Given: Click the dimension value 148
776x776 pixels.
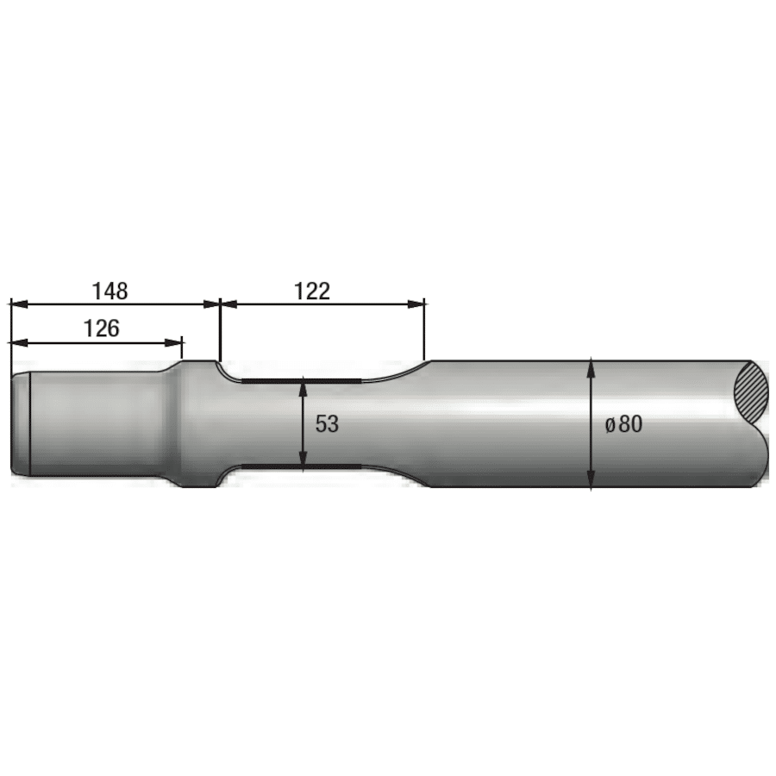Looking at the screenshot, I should click(x=110, y=291).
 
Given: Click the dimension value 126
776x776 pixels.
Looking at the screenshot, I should click(x=101, y=328).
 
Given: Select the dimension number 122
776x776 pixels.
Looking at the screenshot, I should click(x=312, y=291).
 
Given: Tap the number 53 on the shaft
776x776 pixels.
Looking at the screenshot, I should click(x=327, y=424).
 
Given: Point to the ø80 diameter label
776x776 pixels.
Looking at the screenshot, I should click(x=623, y=424).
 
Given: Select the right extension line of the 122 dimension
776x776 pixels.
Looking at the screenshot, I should click(x=425, y=336).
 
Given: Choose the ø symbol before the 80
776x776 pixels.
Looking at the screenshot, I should click(x=609, y=424).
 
